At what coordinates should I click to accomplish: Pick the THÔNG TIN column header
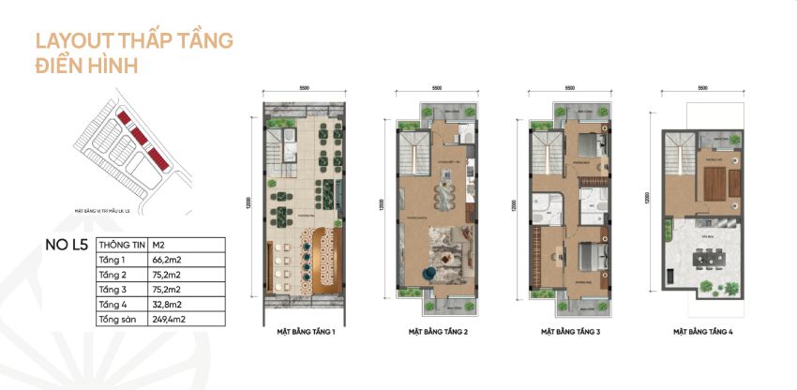(x=122, y=245)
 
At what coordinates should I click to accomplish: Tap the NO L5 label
(x=66, y=247)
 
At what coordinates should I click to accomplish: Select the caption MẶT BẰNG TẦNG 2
(x=437, y=332)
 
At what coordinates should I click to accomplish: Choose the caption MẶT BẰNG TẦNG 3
(x=570, y=332)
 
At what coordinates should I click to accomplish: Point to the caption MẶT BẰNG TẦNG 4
(x=702, y=332)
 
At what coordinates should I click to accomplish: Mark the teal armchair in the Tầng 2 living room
(x=429, y=273)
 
